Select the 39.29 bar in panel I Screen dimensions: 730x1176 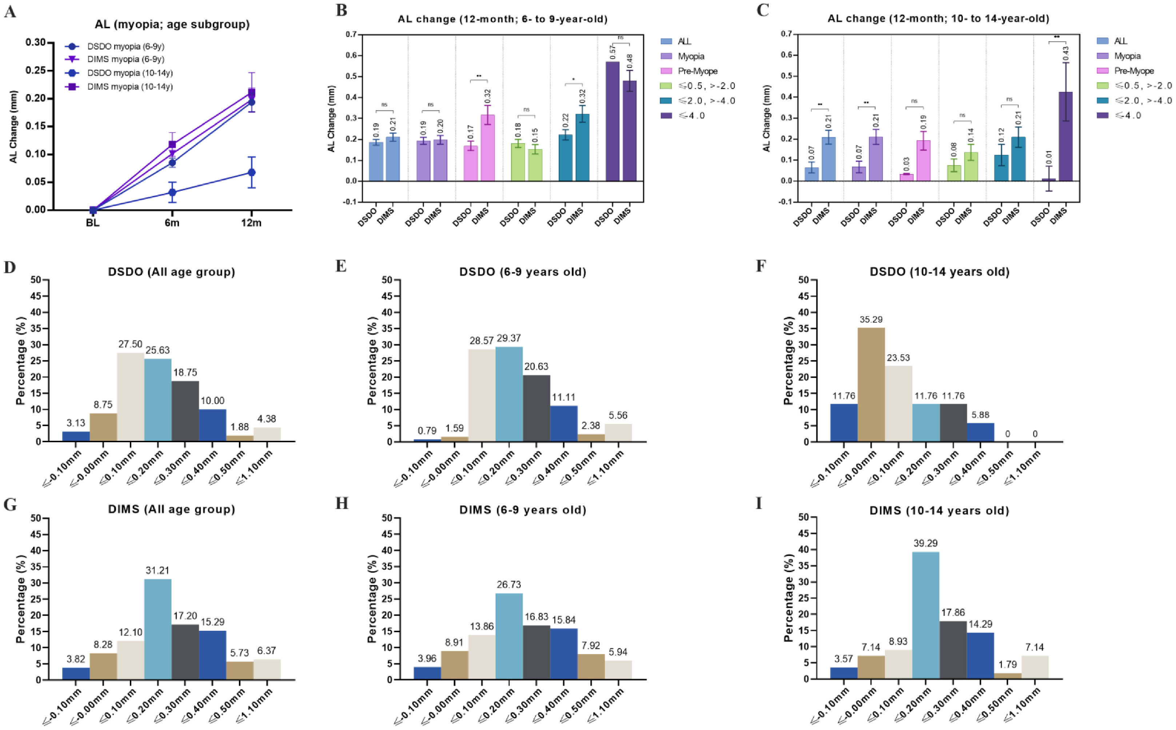tap(925, 615)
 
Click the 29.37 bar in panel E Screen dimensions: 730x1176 tap(509, 394)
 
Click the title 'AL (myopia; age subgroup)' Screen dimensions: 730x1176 tap(172, 24)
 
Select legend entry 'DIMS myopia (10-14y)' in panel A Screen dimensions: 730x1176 tap(129, 87)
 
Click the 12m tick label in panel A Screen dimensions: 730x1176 tap(251, 223)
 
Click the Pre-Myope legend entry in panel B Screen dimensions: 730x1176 tap(697, 71)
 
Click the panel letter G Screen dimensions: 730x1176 tap(10, 505)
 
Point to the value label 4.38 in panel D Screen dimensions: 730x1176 tap(267, 419)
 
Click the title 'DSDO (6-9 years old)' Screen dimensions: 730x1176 tap(523, 272)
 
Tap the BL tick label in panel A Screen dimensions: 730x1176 tap(93, 223)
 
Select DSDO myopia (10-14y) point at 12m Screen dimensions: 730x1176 tap(251, 172)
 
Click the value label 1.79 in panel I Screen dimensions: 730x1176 tap(1007, 664)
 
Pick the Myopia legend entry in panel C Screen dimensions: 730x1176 tap(1127, 56)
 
